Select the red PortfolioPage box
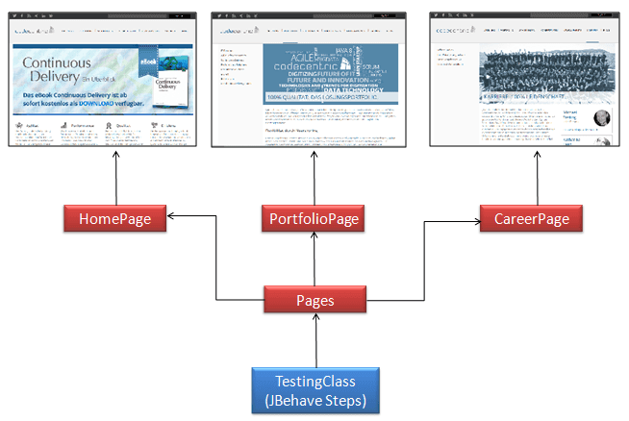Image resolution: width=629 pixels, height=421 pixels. tap(314, 219)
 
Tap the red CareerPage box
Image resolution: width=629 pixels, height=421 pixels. tap(525, 219)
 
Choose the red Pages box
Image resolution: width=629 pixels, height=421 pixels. tap(314, 300)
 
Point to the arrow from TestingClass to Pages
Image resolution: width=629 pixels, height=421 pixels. tap(314, 341)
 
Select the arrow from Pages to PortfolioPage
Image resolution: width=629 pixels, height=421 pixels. tap(314, 260)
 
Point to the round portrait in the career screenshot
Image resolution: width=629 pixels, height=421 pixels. tap(600, 118)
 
